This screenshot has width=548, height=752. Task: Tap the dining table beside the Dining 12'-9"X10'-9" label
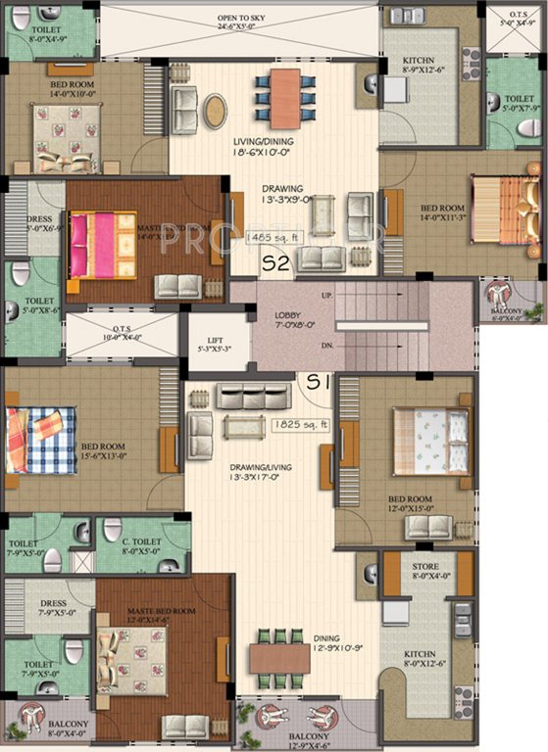tap(278, 656)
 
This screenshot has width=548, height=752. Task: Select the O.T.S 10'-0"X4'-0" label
tap(121, 331)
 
